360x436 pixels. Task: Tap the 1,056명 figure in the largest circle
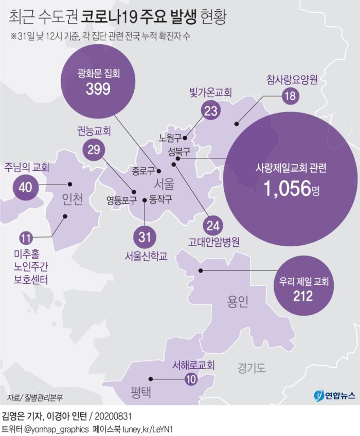(x=291, y=188)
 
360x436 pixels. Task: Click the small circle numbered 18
(x=290, y=95)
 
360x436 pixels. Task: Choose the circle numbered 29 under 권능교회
(x=94, y=150)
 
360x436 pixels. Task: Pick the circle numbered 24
(x=213, y=225)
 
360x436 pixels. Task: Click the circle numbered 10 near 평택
(x=190, y=380)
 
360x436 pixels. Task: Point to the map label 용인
(x=238, y=301)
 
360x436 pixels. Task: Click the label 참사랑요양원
(x=292, y=79)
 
